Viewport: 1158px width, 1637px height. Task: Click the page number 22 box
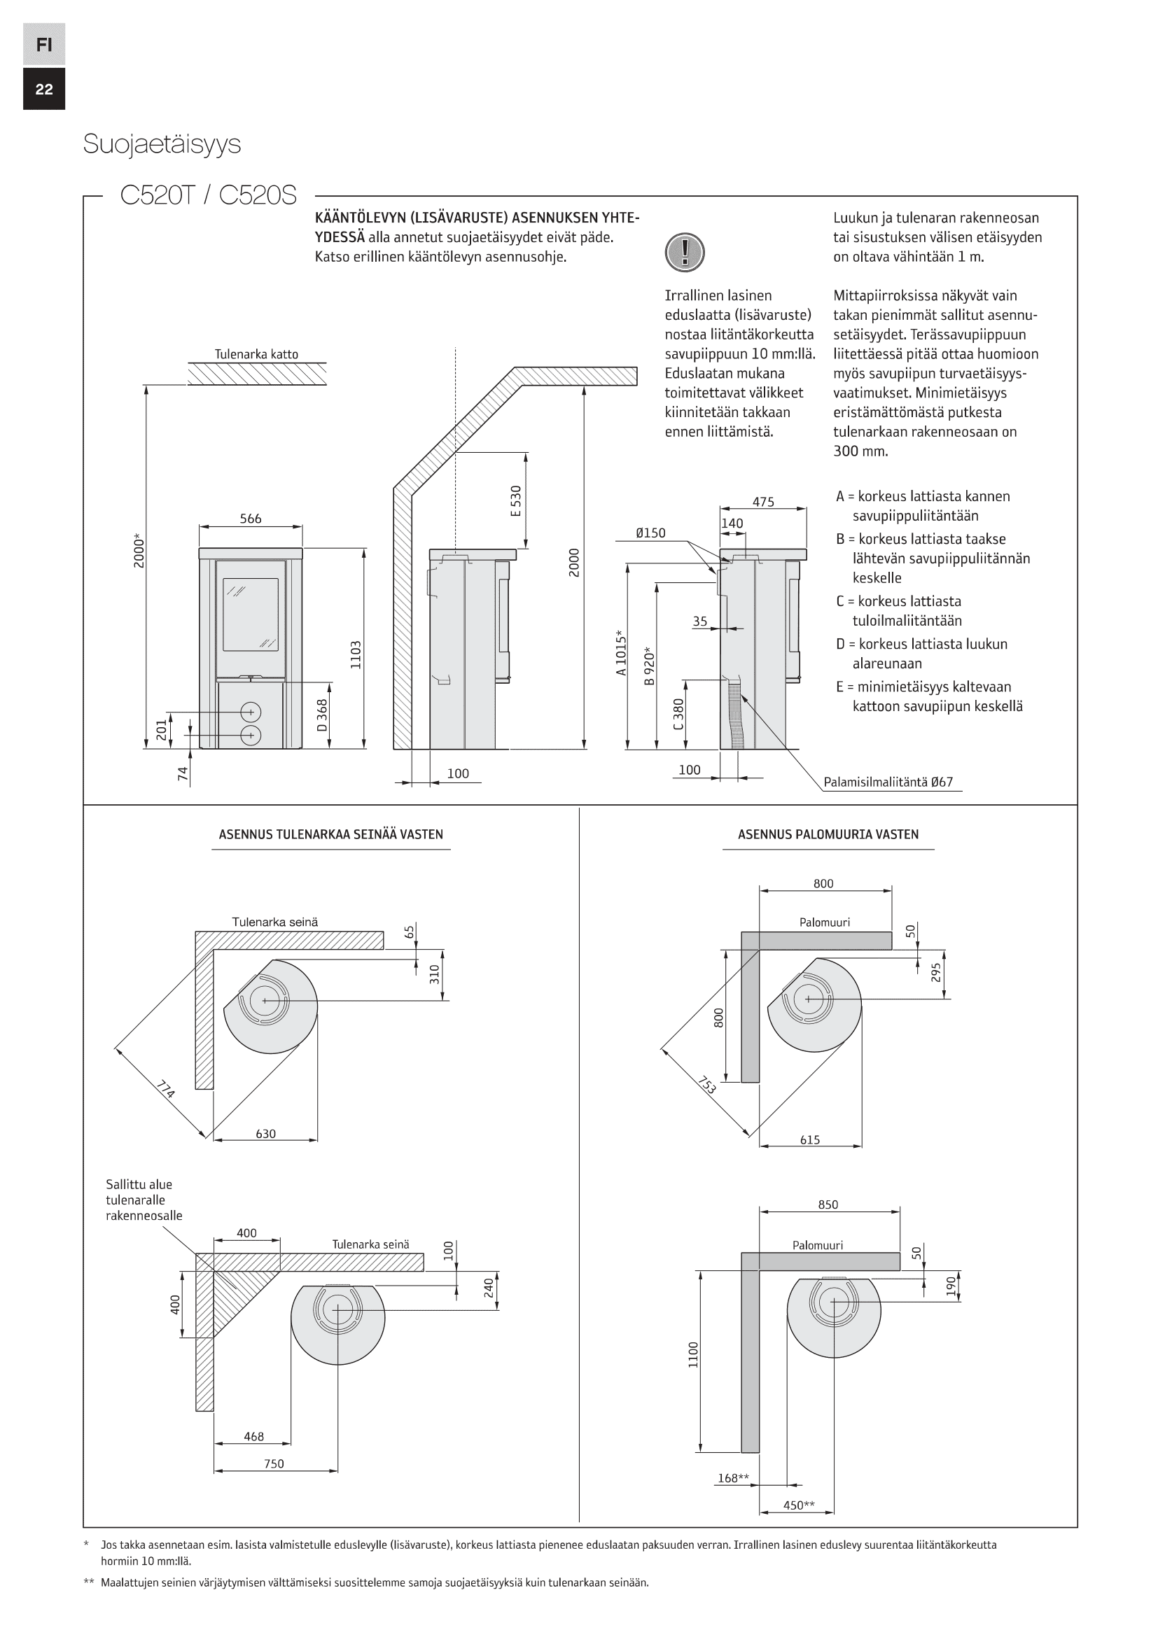click(x=44, y=89)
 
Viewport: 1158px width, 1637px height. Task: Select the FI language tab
click(x=44, y=44)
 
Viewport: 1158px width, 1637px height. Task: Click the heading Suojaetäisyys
click(x=162, y=144)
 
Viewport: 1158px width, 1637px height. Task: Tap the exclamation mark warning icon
click(x=685, y=252)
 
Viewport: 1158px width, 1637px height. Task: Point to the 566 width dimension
click(x=250, y=519)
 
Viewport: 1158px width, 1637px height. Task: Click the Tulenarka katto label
click(x=257, y=354)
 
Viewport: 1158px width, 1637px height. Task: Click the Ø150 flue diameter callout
click(x=650, y=533)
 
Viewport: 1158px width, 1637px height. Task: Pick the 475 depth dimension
click(x=763, y=502)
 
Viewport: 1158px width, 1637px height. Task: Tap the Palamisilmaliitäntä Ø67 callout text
click(x=888, y=782)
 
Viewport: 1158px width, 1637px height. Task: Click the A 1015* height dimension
click(x=621, y=652)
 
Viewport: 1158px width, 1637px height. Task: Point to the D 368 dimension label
click(x=322, y=715)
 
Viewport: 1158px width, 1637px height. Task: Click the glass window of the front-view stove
click(x=250, y=614)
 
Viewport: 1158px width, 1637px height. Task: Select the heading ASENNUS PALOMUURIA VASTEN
click(x=828, y=834)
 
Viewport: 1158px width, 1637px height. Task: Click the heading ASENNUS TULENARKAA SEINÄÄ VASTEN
click(x=331, y=834)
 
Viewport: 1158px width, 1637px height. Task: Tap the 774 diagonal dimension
click(x=165, y=1090)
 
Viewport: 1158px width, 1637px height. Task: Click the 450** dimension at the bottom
click(x=799, y=1505)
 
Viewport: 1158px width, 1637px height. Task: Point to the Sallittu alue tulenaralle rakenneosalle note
click(x=144, y=1200)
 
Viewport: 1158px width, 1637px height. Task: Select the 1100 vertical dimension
click(x=694, y=1355)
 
